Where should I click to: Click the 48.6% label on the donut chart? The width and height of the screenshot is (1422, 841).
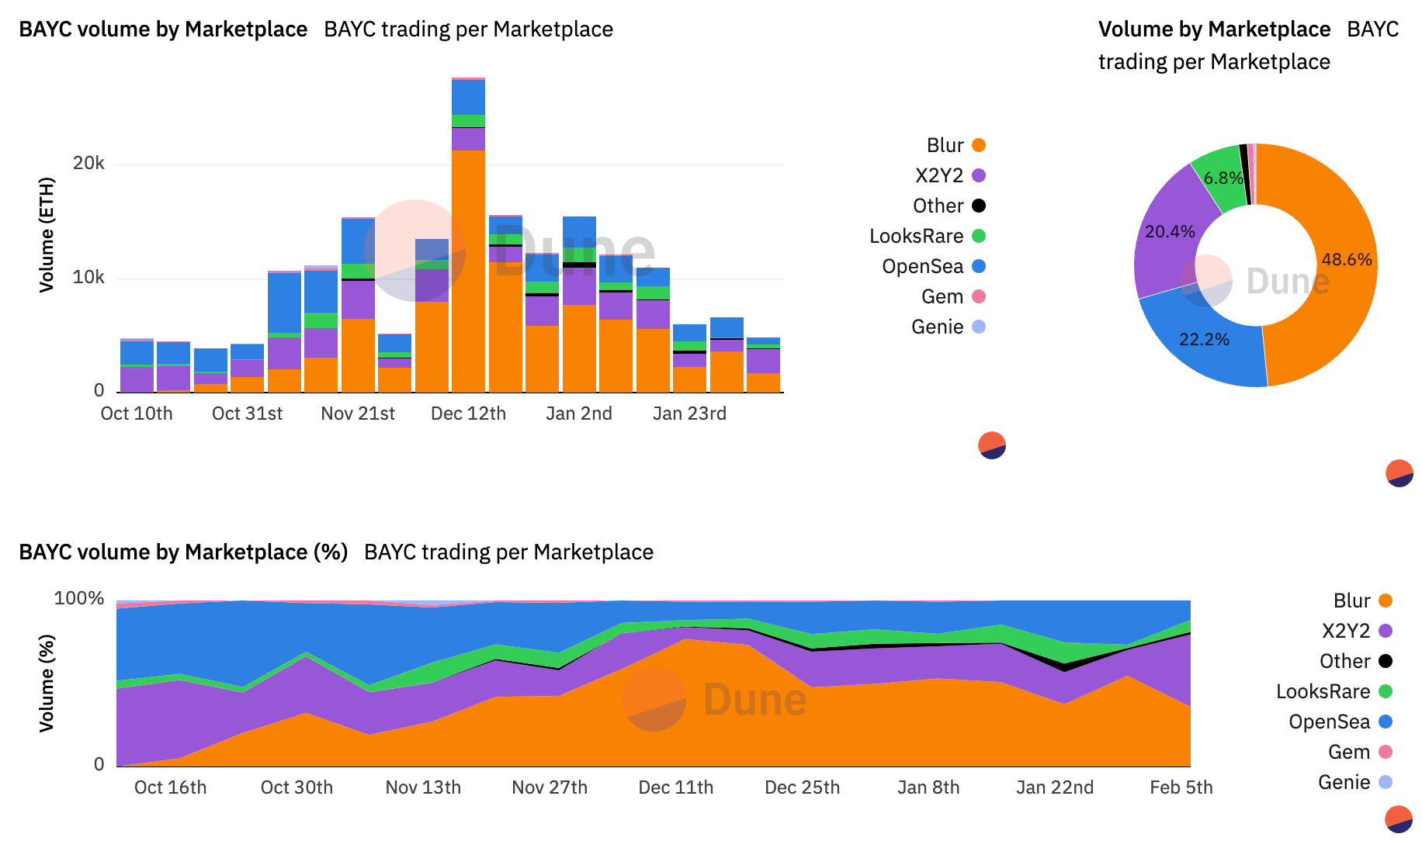1346,260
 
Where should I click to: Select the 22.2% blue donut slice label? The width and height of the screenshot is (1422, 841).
1204,340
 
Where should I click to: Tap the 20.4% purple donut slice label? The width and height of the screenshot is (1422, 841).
1170,232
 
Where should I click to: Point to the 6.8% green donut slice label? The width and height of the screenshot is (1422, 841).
1223,178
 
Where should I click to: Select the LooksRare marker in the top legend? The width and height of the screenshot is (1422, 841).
979,236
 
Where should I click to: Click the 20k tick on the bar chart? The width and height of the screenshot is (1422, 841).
88,164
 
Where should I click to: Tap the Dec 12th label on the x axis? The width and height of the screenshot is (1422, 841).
468,414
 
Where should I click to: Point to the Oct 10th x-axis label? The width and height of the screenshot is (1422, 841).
137,414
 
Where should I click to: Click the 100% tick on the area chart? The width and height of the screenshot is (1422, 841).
78,598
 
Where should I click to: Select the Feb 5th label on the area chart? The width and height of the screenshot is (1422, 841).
1181,787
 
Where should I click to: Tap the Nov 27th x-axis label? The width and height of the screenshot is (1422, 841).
550,787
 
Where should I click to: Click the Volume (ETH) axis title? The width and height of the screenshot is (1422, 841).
47,234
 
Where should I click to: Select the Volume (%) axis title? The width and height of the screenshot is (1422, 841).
47,683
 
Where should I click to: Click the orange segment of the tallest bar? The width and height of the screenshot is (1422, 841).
468,272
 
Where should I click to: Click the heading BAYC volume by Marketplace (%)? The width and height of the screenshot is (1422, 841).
183,552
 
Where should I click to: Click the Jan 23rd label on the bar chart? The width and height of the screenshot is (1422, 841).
689,414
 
